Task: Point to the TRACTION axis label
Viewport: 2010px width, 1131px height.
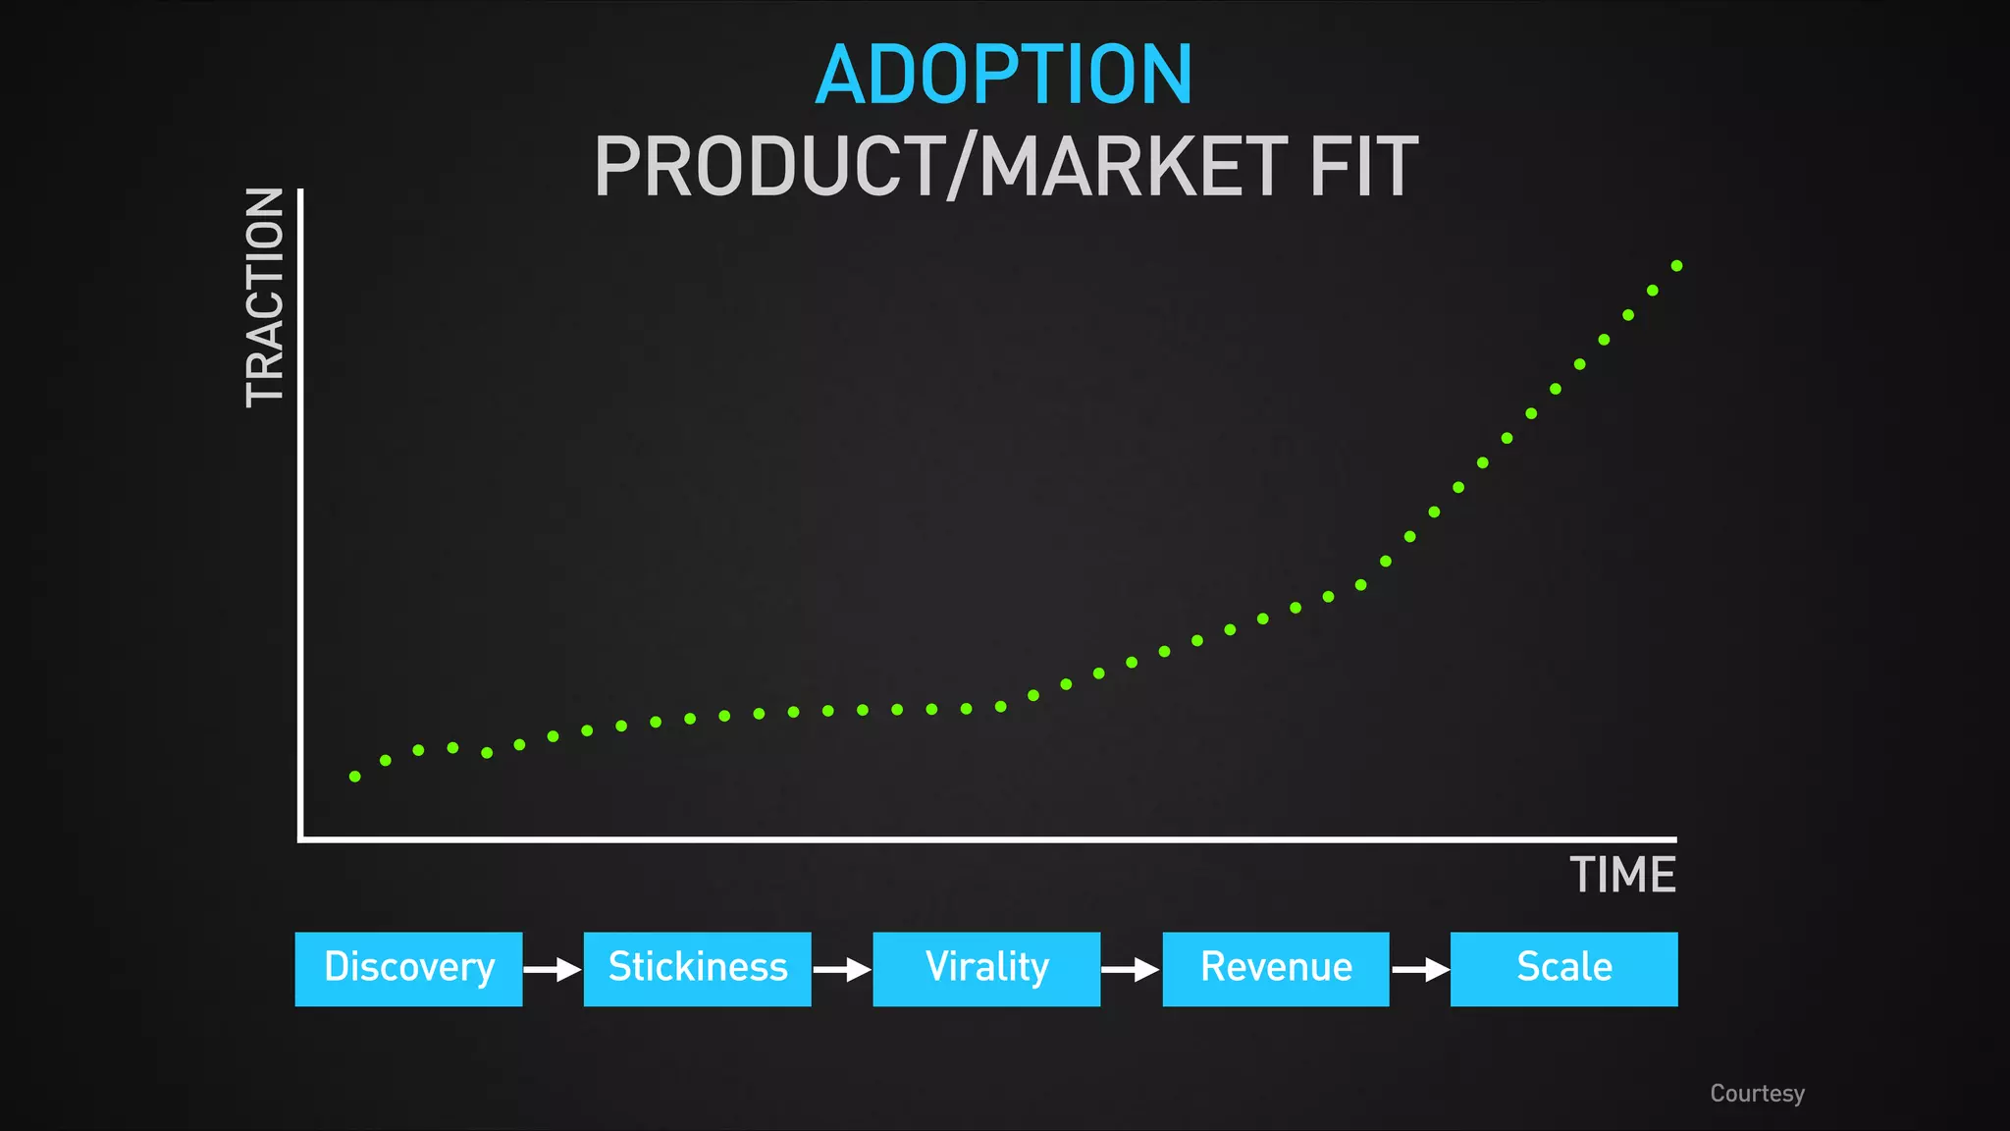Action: [265, 297]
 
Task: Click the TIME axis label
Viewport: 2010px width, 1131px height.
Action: [1622, 875]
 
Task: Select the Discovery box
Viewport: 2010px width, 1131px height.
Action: [408, 969]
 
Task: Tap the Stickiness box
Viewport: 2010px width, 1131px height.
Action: [697, 969]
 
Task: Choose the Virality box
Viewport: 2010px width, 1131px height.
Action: [986, 969]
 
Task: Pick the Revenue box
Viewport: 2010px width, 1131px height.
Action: [1276, 969]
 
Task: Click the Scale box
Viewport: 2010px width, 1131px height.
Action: [1563, 969]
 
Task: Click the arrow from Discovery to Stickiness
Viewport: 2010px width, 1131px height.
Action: [553, 970]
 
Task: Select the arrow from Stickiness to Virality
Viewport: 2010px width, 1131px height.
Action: [842, 970]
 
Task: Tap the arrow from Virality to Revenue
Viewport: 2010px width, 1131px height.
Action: [1131, 970]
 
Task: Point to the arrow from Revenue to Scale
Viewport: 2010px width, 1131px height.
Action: [1420, 970]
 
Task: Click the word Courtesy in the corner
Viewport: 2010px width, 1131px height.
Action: [1757, 1094]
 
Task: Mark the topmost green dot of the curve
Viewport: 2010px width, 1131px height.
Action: [1676, 266]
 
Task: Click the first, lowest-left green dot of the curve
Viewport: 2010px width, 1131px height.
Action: [355, 777]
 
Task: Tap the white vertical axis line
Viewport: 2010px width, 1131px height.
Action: [300, 511]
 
